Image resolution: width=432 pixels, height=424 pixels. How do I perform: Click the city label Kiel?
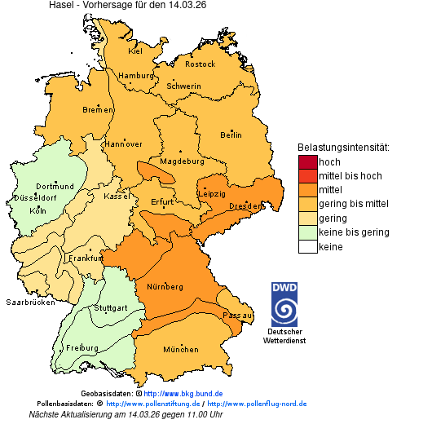point(135,51)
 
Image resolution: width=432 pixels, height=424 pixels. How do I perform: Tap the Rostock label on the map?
point(201,64)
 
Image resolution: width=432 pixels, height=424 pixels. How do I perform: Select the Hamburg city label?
point(136,76)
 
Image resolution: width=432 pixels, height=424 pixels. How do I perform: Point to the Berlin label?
point(231,135)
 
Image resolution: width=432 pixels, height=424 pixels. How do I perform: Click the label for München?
point(180,350)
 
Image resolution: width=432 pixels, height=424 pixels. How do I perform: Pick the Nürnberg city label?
point(165,287)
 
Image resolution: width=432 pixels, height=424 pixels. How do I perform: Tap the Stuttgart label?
point(112,308)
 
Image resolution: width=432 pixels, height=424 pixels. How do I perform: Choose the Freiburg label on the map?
point(82,348)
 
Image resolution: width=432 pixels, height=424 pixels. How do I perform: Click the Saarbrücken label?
point(30,302)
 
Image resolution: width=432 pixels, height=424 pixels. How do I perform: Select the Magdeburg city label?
point(182,161)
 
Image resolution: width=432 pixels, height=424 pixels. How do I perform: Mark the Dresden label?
point(245,206)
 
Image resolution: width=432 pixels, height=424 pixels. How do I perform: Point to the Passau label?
point(237,315)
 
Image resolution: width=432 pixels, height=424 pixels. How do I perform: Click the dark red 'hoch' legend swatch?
point(306,161)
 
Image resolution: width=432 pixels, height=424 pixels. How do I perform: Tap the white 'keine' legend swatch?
point(306,246)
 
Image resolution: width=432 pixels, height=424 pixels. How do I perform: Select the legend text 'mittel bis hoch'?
point(350,175)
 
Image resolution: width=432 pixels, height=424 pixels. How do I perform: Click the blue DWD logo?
point(284,304)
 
